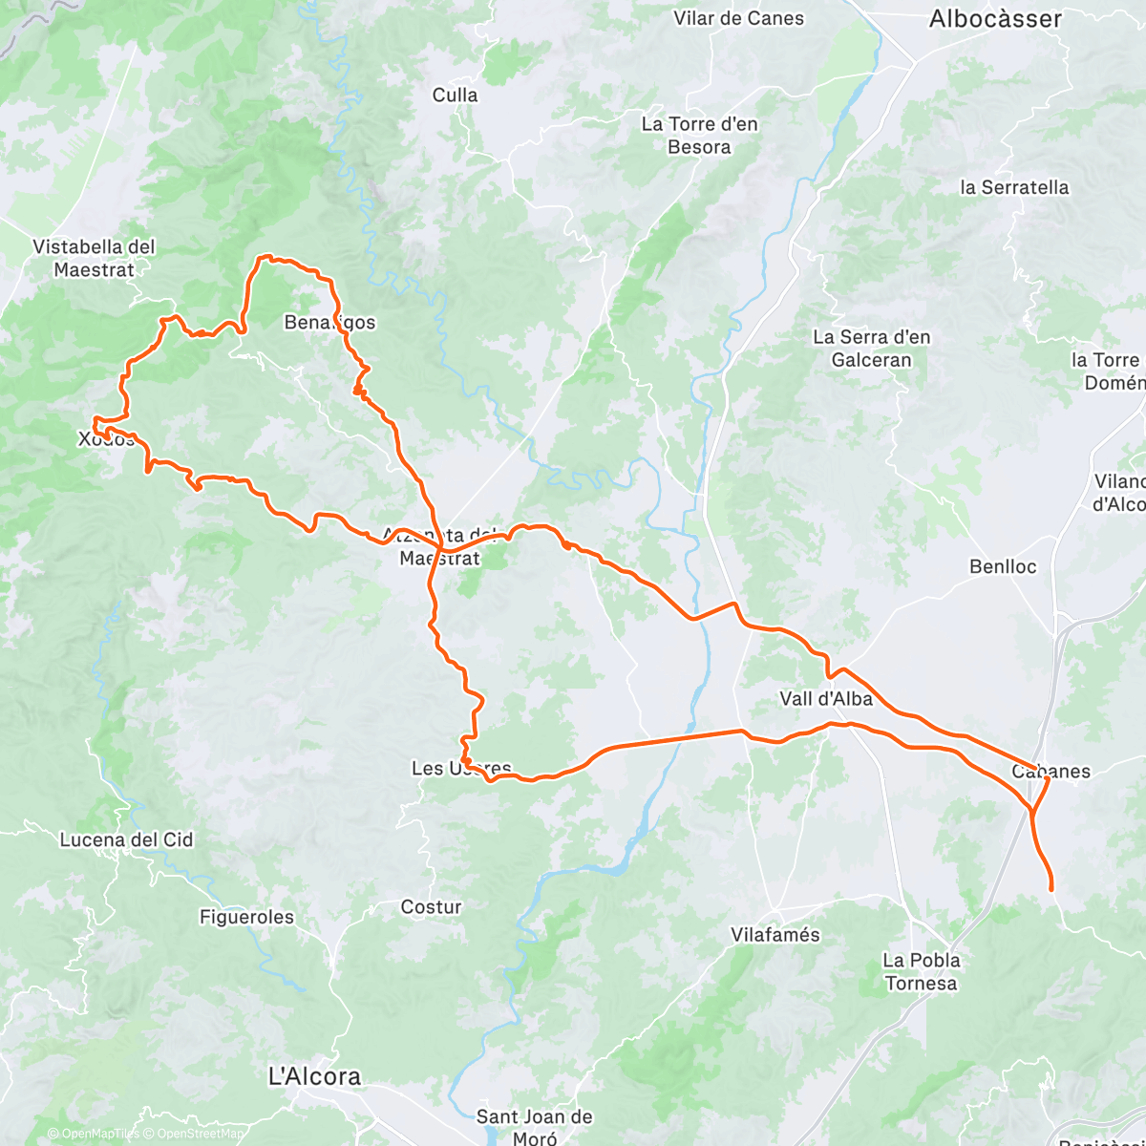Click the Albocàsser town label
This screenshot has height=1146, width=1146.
[994, 19]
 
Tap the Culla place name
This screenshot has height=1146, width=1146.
[455, 95]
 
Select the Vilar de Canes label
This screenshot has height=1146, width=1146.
[738, 18]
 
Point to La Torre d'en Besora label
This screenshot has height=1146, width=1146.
[699, 136]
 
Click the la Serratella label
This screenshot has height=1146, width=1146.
[1014, 187]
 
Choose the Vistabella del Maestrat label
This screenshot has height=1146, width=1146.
[94, 258]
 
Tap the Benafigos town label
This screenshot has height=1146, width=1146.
[329, 323]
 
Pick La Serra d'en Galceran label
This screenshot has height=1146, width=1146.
[871, 349]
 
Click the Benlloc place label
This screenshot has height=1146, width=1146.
[1002, 566]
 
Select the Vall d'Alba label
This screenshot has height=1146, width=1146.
[826, 698]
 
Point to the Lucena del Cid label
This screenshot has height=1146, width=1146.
[126, 839]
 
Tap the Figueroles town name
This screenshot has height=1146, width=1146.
[246, 917]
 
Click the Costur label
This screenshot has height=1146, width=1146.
[431, 906]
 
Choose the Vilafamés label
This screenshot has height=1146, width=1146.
[775, 935]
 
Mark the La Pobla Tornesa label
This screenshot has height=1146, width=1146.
[921, 971]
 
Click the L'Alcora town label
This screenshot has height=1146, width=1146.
[314, 1076]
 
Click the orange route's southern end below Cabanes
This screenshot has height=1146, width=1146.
[1051, 889]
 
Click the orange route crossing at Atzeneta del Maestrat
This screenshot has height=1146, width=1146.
[439, 547]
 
